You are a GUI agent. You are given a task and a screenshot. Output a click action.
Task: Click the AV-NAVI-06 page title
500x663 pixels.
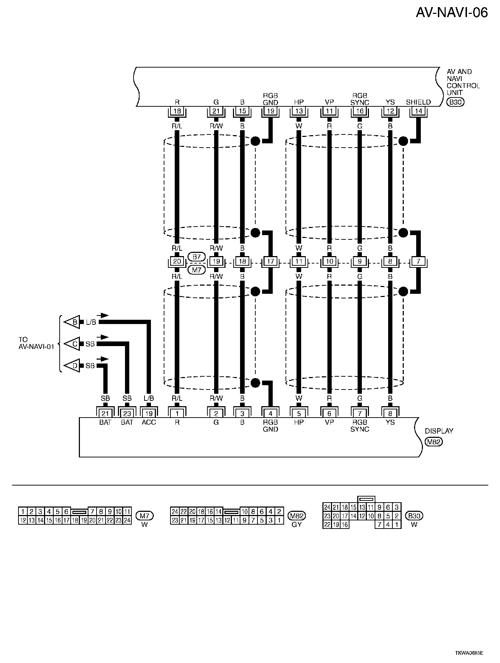pyautogui.click(x=452, y=13)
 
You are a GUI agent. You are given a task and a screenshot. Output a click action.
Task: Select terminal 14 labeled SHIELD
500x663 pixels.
pyautogui.click(x=418, y=111)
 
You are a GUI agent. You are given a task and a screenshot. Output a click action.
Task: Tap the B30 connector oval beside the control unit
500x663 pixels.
pyautogui.click(x=455, y=102)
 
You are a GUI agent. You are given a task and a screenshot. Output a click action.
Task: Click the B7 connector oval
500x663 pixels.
pyautogui.click(x=196, y=256)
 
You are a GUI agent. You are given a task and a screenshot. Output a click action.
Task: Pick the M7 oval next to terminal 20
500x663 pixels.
pyautogui.click(x=196, y=270)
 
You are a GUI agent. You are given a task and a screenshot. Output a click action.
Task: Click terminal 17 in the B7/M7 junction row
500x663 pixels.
pyautogui.click(x=271, y=262)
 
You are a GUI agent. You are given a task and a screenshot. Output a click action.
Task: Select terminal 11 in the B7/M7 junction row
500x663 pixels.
pyautogui.click(x=299, y=262)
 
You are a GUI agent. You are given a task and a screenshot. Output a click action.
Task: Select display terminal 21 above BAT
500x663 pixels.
pyautogui.click(x=105, y=413)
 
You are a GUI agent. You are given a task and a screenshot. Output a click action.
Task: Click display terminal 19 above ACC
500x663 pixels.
pyautogui.click(x=149, y=413)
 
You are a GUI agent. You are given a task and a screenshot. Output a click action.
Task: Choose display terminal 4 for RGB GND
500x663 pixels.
pyautogui.click(x=271, y=413)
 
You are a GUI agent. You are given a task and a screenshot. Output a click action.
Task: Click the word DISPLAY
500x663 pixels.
pyautogui.click(x=439, y=431)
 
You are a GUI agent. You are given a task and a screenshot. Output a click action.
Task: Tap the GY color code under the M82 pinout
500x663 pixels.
pyautogui.click(x=296, y=525)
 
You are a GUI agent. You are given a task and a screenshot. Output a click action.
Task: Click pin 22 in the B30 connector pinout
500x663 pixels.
pyautogui.click(x=327, y=525)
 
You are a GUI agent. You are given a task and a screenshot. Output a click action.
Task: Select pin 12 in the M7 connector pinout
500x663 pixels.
pyautogui.click(x=22, y=520)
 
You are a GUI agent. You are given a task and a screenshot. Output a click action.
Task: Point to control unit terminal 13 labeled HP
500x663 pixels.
pyautogui.click(x=299, y=111)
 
